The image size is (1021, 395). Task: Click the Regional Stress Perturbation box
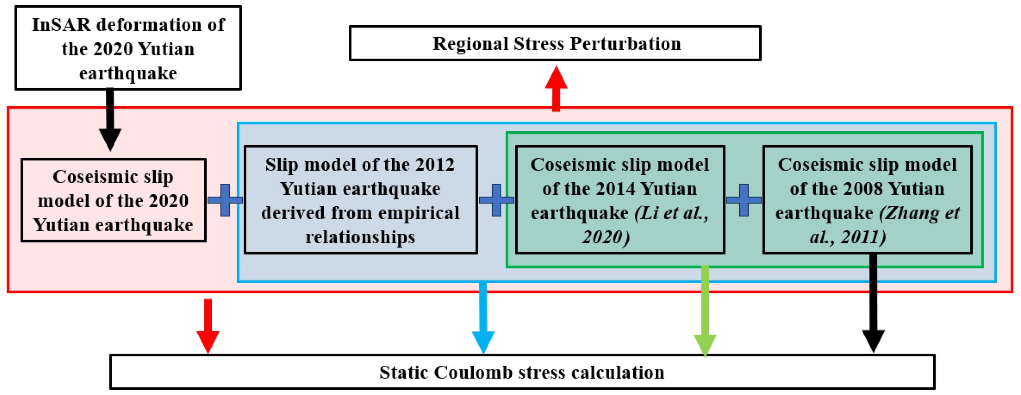point(555,43)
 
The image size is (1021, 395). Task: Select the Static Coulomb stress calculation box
point(522,372)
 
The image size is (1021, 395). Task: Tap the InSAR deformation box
point(128,48)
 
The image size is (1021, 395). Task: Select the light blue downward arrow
point(483,317)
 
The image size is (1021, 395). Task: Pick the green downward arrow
point(705,311)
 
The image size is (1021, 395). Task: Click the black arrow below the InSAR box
point(110,119)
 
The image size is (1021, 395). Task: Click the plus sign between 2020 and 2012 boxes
point(225,200)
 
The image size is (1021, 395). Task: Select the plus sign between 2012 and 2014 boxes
point(496,200)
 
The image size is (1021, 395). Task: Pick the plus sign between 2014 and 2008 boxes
point(743,200)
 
